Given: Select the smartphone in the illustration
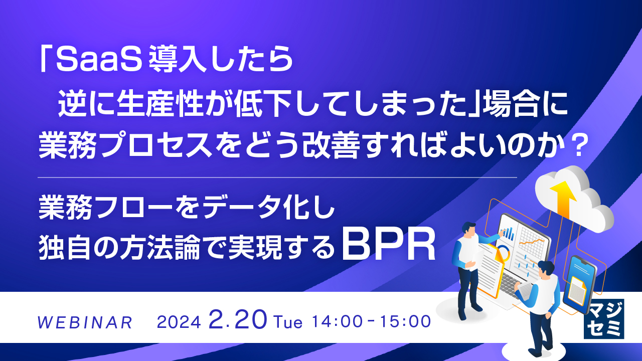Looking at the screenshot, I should click(x=579, y=284).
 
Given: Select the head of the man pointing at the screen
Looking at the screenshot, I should click(x=469, y=228).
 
